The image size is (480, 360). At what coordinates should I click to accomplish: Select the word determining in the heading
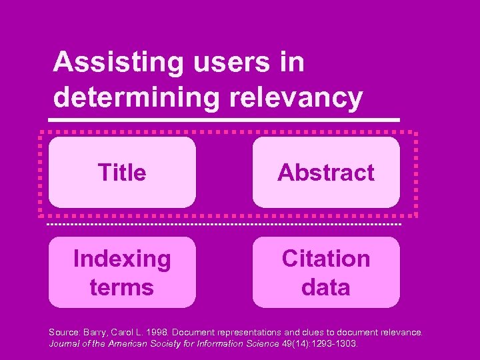136,97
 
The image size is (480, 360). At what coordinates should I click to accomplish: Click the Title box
122,173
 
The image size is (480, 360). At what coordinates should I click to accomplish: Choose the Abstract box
326,173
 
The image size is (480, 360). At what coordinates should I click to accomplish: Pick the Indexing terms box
122,272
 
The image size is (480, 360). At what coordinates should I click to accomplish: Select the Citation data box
326,272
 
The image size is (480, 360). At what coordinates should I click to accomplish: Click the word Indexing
122,259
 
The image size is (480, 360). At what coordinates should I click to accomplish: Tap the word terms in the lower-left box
122,287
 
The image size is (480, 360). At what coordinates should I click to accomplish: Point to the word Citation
326,259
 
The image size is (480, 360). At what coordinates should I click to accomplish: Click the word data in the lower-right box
326,287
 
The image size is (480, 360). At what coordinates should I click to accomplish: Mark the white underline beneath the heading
227,120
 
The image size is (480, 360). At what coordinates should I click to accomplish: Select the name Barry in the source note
94,332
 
